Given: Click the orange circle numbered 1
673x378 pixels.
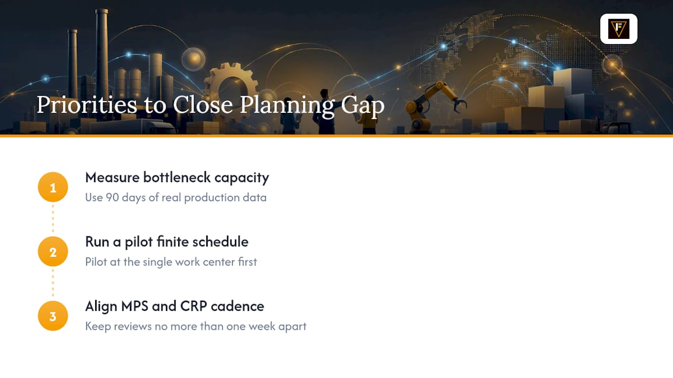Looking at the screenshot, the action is coord(53,187).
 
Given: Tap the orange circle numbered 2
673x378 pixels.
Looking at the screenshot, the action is coord(53,251).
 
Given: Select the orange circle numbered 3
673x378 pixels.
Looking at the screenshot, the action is coord(53,316).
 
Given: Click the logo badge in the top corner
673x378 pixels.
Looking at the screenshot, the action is coord(619,29).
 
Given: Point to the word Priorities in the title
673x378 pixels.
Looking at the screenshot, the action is coord(87,104).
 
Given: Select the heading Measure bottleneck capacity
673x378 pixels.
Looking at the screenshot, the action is coord(177,177).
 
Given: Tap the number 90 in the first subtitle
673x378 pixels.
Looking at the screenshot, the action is coord(113,197).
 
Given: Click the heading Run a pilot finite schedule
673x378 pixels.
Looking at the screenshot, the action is coord(167,242).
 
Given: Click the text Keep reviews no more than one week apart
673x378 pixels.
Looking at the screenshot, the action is coord(196,327).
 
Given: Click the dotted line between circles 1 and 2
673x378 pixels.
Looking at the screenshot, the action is coord(53,219).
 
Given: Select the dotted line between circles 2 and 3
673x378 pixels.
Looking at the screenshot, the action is coord(53,283).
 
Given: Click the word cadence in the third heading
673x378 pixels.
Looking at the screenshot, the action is coord(237,306).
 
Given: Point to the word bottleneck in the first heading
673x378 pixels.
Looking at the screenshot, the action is coord(177,177).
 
